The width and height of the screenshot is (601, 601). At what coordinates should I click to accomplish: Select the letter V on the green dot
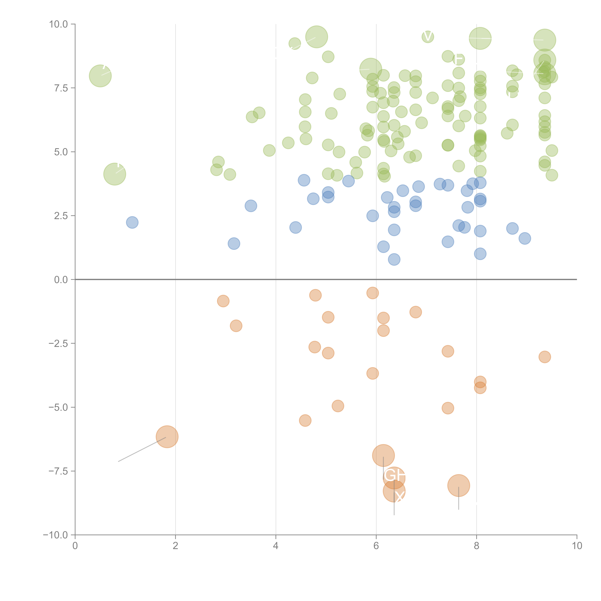(x=428, y=37)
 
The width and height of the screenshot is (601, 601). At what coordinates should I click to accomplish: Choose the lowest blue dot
(x=394, y=259)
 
